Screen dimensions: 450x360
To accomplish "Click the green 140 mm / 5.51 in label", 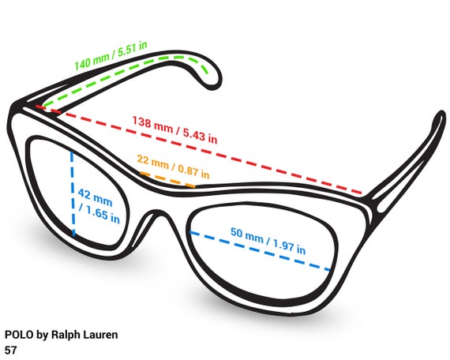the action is coord(111,56).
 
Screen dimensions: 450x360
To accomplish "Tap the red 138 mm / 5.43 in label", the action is coord(174,129).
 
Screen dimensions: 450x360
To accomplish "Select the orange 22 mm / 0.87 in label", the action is coord(173,167).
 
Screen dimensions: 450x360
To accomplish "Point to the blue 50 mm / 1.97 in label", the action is coord(268,241).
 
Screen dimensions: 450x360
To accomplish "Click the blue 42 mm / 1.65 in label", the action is coord(99,205).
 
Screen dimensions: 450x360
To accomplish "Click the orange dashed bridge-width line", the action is coord(168,180).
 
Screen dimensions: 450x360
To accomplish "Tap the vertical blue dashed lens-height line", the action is coord(73,193).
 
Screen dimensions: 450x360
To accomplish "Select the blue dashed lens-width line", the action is coord(261,251).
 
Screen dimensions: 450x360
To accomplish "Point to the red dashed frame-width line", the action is coord(199,149).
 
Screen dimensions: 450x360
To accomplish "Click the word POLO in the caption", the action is coord(19,335).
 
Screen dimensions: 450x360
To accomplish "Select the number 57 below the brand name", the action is coord(10,351).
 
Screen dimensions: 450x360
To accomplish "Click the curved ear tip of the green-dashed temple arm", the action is coord(212,77).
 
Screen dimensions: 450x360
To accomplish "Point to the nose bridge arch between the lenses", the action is coord(157,214).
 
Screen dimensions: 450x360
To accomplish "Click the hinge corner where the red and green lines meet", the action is coord(39,107).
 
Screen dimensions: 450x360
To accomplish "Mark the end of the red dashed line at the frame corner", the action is coord(361,193).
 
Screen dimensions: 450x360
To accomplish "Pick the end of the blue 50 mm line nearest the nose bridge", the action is coord(190,232).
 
